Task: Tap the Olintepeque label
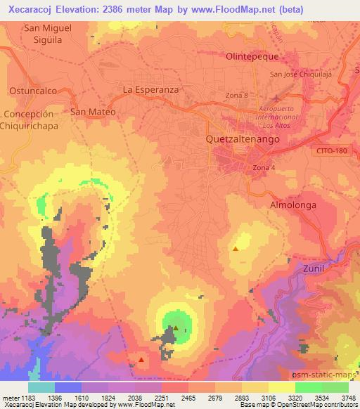(252, 56)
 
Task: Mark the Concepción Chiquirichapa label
(29, 119)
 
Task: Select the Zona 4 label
(264, 167)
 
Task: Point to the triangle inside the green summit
(176, 326)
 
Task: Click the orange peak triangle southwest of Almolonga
(236, 248)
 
